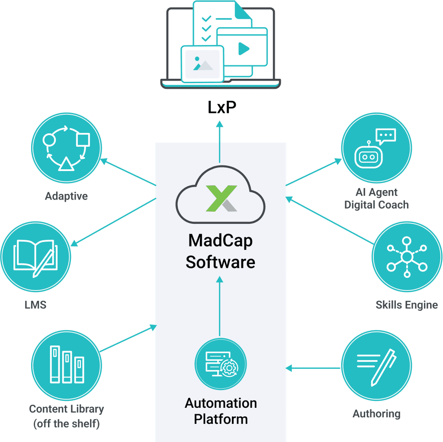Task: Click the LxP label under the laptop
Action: coord(221,108)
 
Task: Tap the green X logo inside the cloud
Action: coord(221,198)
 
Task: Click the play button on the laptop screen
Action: coord(244,49)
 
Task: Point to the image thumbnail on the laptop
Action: coord(202,63)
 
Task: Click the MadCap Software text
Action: coord(220,252)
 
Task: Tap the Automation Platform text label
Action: coord(221,411)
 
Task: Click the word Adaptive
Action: coord(66,196)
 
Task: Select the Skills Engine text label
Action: coord(407,305)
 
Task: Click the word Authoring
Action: coord(376,413)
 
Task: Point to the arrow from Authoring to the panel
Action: coord(314,368)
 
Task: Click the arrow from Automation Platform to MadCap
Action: coord(220,307)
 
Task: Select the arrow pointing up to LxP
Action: coord(220,143)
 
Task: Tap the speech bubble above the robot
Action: coord(386,136)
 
